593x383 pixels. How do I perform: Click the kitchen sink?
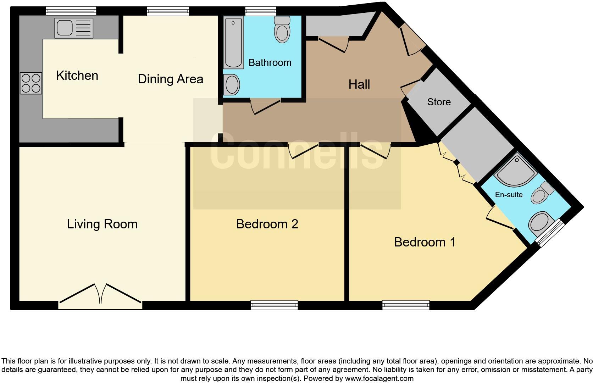coord(73,28)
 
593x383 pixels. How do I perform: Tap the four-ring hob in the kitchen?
coord(31,83)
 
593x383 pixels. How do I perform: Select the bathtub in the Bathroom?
coord(233,43)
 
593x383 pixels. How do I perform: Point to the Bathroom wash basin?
coord(232,84)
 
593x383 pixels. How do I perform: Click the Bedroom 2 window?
coord(274,305)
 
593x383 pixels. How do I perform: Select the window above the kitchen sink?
coord(71,11)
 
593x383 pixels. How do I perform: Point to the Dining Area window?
coord(168,11)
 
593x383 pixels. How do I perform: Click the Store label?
coord(439,102)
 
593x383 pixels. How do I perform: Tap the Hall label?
coord(359,84)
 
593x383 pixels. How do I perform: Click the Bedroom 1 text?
coord(425,242)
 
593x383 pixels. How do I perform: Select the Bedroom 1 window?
coord(406,305)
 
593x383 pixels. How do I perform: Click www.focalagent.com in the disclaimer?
coord(379,378)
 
